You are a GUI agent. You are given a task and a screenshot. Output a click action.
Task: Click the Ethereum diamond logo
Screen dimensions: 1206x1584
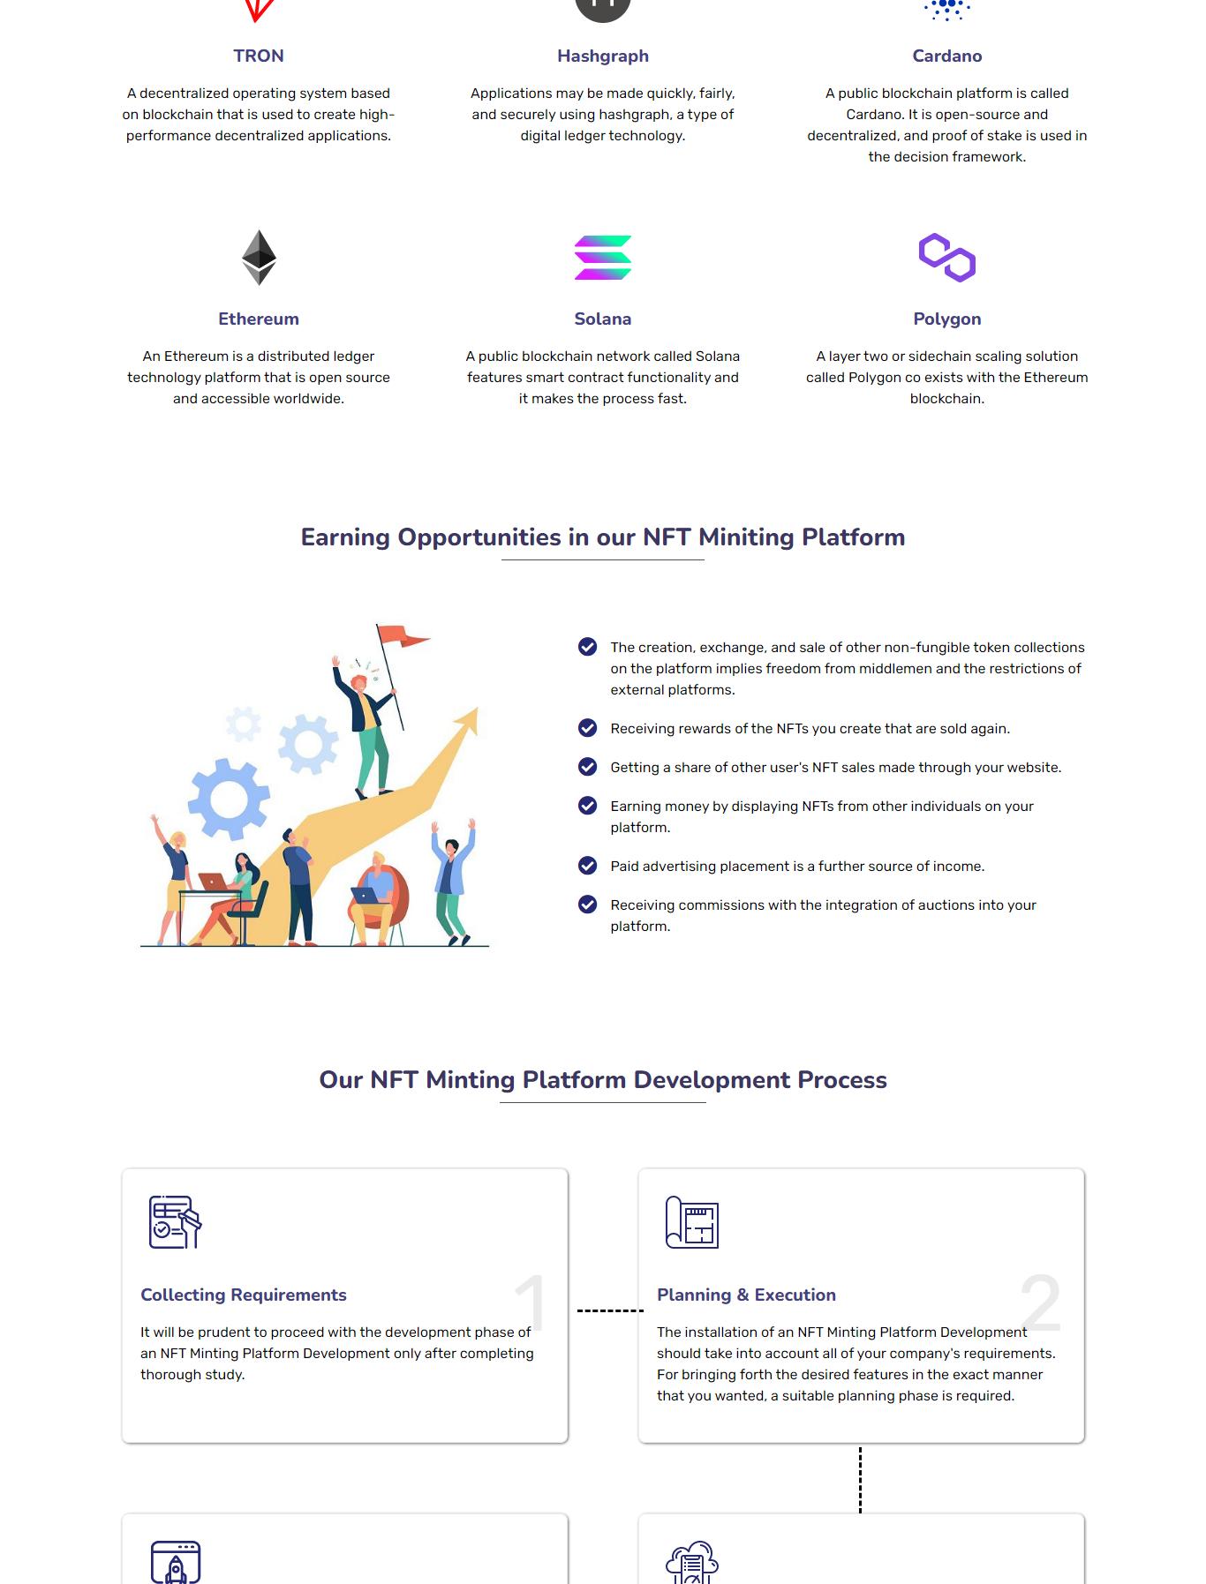259,258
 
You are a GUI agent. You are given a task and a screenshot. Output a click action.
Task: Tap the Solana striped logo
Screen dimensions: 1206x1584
603,258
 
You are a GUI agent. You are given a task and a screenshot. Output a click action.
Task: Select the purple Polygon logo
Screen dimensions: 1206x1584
946,258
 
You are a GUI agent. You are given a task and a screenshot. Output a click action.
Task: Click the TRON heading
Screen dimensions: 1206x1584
259,56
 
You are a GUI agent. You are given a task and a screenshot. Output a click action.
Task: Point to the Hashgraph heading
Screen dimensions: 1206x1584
603,56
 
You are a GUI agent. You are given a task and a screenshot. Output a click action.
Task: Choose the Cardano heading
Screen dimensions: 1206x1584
946,56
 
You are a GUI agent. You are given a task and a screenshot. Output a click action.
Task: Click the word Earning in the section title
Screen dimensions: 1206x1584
345,537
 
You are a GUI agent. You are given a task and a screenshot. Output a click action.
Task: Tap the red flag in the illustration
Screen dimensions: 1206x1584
403,635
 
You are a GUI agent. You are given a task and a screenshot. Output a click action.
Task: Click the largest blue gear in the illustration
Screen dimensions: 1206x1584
229,799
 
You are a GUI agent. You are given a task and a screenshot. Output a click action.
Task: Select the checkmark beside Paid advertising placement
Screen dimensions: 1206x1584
587,866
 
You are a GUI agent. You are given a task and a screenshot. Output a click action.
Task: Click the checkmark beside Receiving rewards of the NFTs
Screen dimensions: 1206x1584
587,728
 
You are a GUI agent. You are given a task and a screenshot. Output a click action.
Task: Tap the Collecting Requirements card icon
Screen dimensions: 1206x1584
175,1222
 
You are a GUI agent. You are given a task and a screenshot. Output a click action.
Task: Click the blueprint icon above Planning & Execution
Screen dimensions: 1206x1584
691,1222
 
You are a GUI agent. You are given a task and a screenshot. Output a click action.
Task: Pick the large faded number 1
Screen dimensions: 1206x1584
531,1302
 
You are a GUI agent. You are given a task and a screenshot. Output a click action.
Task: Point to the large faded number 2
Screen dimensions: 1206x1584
1040,1302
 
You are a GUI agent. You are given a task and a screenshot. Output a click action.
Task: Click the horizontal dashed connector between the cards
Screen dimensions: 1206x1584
610,1310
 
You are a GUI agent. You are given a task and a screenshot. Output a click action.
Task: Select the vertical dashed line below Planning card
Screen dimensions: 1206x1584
860,1480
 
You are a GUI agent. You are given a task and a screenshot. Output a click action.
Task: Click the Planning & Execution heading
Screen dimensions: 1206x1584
746,1295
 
